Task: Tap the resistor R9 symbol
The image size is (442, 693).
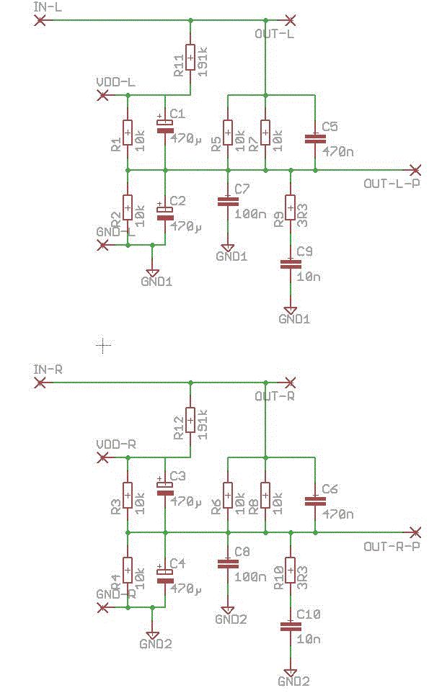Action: [291, 207]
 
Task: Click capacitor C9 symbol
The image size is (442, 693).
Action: [291, 264]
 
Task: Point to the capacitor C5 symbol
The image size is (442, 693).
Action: [314, 138]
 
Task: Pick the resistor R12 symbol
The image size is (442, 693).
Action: [190, 420]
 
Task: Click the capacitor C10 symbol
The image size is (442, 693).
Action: [291, 627]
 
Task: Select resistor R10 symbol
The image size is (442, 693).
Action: [291, 570]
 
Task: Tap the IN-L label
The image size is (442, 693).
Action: [48, 7]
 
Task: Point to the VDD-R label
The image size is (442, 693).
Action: [116, 444]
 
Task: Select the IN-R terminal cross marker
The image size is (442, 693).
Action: [40, 383]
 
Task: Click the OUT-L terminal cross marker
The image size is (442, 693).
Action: [291, 20]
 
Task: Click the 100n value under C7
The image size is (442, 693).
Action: [250, 215]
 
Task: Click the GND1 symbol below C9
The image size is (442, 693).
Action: [291, 311]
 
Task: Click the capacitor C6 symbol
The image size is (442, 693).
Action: [314, 500]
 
